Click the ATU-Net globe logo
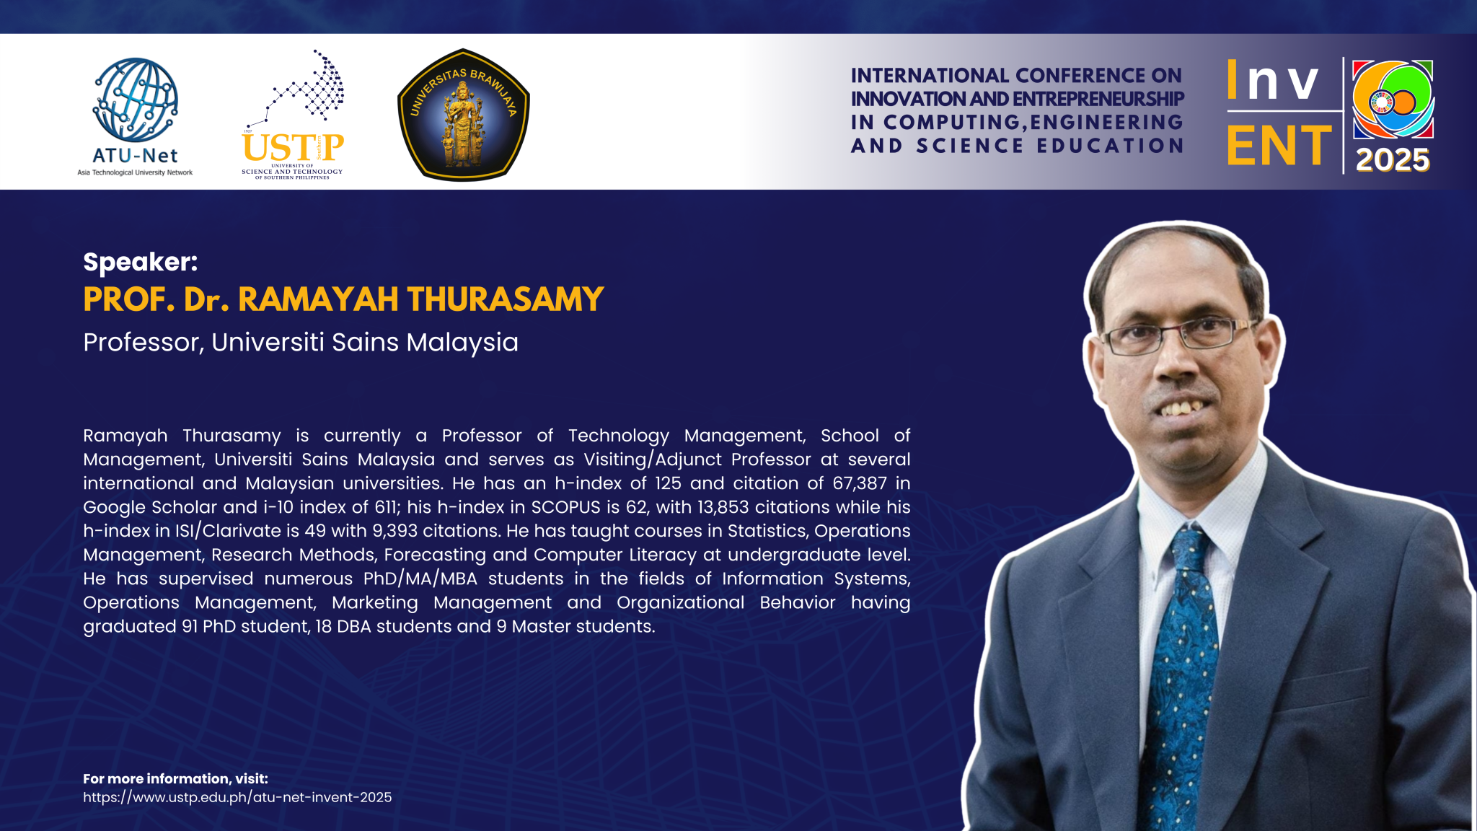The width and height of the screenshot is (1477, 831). (135, 100)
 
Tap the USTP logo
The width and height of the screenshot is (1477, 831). (293, 115)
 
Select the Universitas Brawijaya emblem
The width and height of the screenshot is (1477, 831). (464, 115)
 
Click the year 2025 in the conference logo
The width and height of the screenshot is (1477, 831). (1393, 159)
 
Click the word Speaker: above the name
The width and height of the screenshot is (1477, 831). (141, 262)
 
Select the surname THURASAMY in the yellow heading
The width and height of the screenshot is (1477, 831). (506, 299)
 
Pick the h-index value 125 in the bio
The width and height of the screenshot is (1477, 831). (668, 483)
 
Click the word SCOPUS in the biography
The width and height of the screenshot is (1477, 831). (566, 507)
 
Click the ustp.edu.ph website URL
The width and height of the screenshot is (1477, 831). (237, 798)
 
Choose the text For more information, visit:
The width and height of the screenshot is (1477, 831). (175, 779)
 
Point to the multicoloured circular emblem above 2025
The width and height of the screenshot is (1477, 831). (1392, 100)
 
